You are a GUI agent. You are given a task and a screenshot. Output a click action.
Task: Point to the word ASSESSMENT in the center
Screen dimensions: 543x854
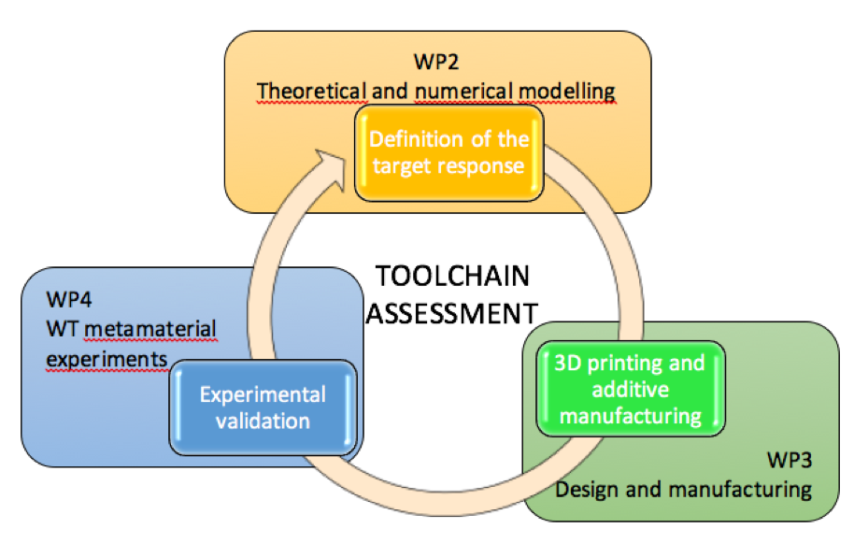coord(451,312)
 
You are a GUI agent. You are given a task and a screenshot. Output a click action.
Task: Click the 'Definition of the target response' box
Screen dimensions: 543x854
coord(448,153)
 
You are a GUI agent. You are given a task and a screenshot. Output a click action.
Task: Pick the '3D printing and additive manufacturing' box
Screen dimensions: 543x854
coord(630,388)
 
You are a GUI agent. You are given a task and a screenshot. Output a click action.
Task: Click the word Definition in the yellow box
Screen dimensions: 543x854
coord(411,140)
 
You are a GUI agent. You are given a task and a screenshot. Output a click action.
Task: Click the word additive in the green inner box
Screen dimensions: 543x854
coord(630,388)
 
